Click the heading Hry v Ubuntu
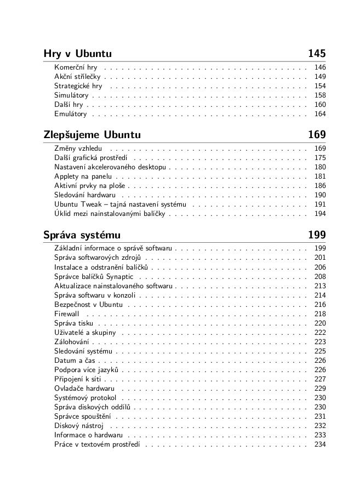[77, 54]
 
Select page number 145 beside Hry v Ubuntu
[317, 54]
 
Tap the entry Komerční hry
[76, 67]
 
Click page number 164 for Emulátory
[320, 114]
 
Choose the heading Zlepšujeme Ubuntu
[92, 135]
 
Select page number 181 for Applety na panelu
[320, 176]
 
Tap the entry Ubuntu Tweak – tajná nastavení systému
[120, 204]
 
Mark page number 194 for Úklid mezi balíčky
[320, 214]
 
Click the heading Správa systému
[82, 236]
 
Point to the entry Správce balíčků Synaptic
[94, 277]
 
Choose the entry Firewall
[67, 314]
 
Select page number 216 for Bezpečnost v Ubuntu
[320, 305]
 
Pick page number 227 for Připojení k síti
[320, 379]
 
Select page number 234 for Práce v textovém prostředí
[320, 444]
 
